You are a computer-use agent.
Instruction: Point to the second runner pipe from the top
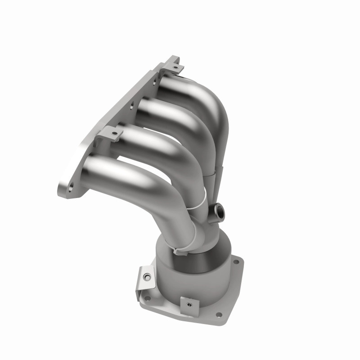click(171, 112)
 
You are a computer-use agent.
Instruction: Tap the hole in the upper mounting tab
click(176, 68)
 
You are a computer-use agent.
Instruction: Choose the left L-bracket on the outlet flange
click(145, 275)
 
